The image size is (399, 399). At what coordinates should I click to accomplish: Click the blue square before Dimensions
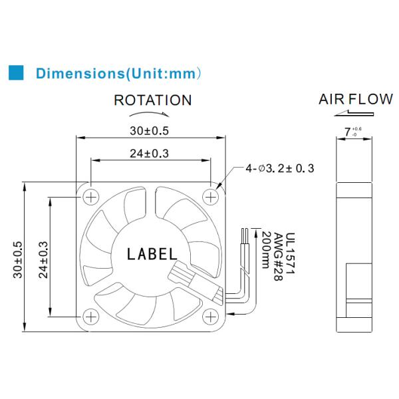(15, 72)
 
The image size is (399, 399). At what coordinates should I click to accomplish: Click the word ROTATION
(152, 100)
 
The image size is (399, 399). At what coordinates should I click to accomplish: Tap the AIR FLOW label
(355, 100)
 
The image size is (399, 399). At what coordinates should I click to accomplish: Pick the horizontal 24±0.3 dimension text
(149, 153)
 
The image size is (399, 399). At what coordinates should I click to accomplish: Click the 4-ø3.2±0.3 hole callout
(280, 169)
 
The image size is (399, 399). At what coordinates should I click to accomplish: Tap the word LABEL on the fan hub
(152, 254)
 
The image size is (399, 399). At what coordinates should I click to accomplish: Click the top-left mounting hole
(90, 196)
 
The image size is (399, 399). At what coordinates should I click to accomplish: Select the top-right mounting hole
(211, 196)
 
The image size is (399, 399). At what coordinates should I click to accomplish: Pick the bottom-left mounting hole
(90, 316)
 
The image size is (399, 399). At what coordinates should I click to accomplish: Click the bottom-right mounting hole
(211, 316)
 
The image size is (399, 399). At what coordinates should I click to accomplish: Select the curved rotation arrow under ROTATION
(152, 114)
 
